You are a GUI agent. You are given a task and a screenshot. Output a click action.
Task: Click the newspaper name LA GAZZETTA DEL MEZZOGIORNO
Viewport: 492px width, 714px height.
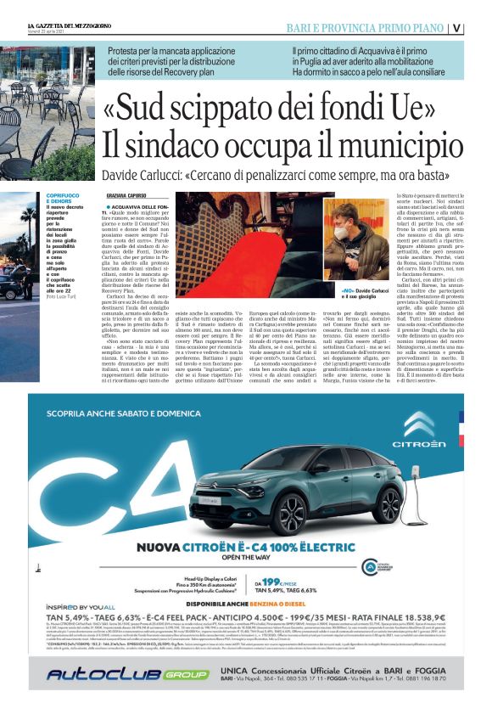click(x=71, y=26)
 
